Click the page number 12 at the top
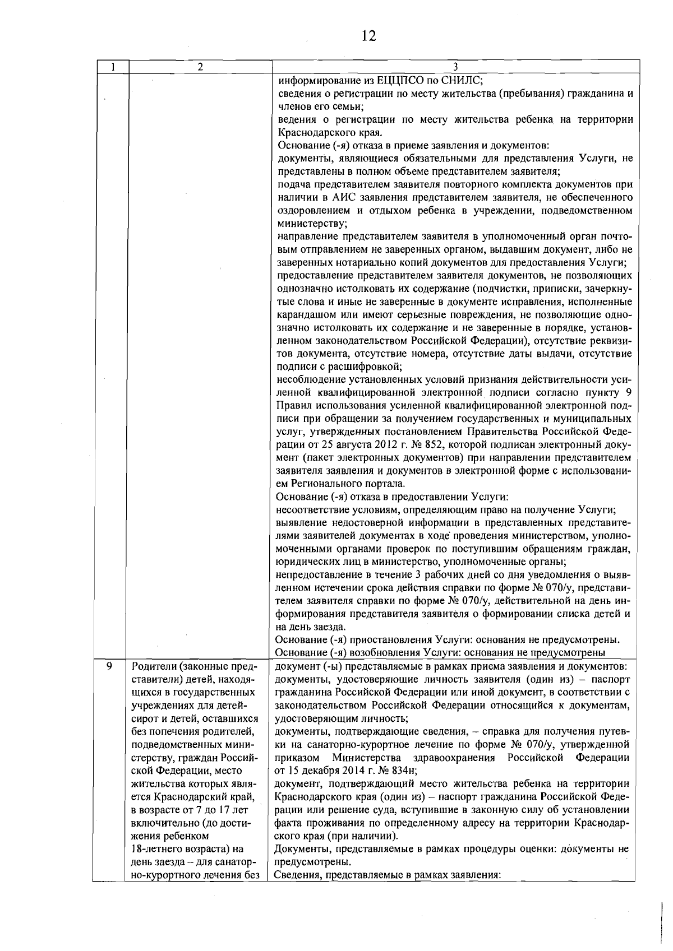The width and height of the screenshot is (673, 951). click(368, 36)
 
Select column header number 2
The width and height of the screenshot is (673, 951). click(200, 67)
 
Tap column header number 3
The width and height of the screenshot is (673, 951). click(455, 67)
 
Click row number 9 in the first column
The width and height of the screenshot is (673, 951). click(109, 666)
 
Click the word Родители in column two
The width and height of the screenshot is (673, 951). click(151, 666)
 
